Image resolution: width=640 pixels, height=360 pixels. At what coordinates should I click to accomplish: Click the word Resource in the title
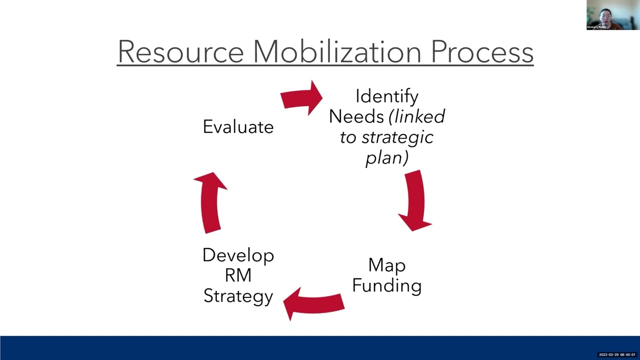180,51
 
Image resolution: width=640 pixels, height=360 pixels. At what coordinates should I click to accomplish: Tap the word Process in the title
482,51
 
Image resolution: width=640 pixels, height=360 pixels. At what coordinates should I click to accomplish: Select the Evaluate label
238,126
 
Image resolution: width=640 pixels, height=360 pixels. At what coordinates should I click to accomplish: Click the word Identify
386,96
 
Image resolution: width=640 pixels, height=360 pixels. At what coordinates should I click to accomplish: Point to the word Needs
356,116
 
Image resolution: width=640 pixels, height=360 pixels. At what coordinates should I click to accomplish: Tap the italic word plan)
387,157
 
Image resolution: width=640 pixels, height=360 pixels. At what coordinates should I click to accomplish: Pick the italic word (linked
416,116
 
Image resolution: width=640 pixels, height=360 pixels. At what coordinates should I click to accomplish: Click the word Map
386,265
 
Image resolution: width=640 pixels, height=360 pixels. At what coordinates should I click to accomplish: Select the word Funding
386,285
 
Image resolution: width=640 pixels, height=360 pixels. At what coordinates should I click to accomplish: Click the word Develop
238,255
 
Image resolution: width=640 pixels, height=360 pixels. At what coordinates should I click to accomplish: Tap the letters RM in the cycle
238,275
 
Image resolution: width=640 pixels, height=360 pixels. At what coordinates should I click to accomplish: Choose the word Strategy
238,296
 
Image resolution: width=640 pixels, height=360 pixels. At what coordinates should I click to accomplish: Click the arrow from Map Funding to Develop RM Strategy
313,303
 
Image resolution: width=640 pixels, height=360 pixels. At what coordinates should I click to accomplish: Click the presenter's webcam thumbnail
604,15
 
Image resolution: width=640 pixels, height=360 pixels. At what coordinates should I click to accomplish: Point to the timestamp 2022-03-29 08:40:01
617,354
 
